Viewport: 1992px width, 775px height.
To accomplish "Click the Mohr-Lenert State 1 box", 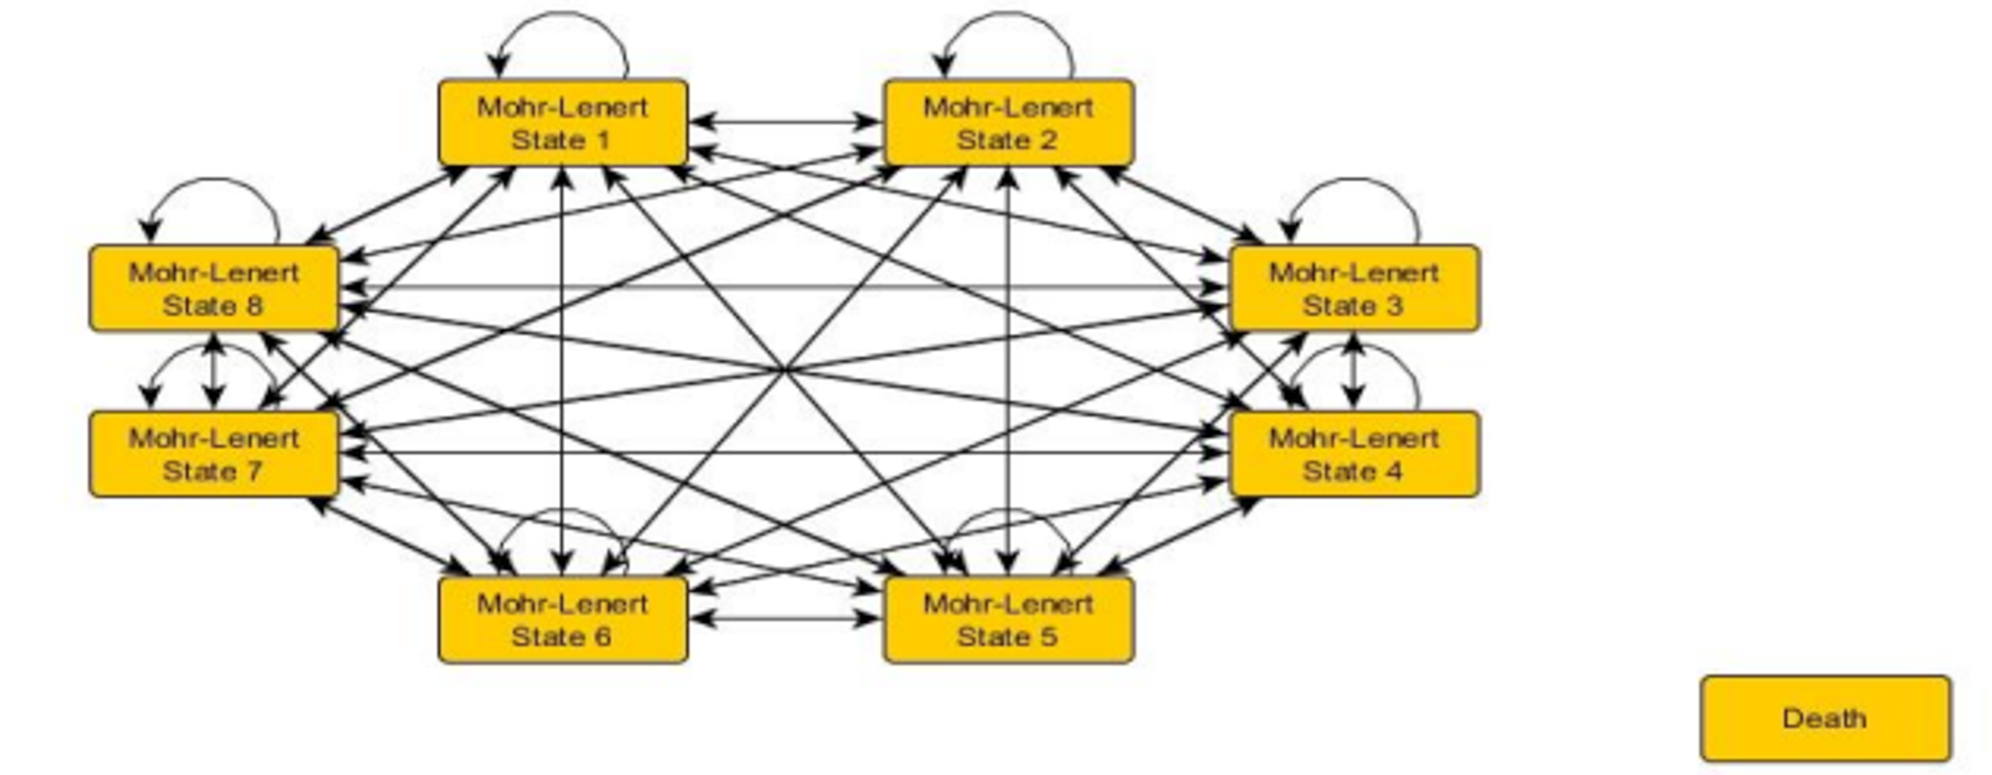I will click(x=563, y=123).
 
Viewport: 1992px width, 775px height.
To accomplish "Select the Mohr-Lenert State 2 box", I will click(x=1008, y=123).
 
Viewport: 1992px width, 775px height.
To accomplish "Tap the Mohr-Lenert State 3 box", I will click(x=1353, y=289).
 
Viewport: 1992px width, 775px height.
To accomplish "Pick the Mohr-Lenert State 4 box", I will click(x=1353, y=454).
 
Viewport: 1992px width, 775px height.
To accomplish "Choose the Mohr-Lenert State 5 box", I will click(x=1008, y=620).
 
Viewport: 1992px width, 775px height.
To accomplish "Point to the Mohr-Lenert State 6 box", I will click(x=563, y=620).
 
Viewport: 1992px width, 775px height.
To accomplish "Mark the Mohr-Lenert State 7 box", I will click(x=214, y=454).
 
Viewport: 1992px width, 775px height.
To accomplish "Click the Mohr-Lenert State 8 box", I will click(x=214, y=289).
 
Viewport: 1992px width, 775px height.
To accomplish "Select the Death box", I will click(x=1825, y=718).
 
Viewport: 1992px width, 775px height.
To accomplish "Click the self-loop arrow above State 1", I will click(x=563, y=15).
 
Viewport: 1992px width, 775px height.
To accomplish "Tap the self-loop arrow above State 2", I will click(x=1008, y=15).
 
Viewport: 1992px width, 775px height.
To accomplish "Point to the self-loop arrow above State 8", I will click(x=214, y=180).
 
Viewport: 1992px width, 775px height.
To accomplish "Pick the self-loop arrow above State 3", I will click(x=1353, y=180).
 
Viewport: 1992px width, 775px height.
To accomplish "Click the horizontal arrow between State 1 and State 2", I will click(x=786, y=122).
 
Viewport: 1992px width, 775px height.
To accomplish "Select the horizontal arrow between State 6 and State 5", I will click(x=786, y=618).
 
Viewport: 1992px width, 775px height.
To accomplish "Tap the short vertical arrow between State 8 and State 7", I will click(x=214, y=371).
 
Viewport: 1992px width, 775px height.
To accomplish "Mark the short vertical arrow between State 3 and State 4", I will click(x=1353, y=371).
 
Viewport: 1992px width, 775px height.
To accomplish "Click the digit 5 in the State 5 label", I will click(x=1049, y=637).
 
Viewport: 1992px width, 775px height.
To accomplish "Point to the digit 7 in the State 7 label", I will click(x=253, y=471).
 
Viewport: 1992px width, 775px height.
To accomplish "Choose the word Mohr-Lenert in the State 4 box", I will click(x=1353, y=438).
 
